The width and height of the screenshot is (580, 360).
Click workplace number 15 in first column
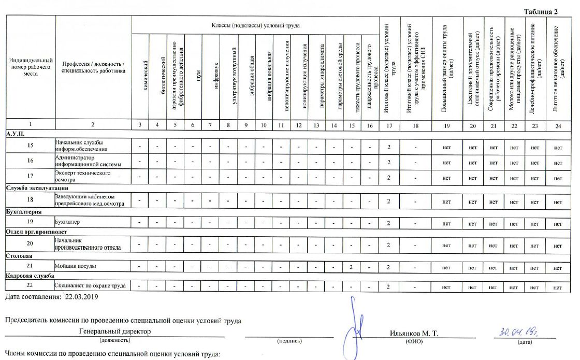(30, 147)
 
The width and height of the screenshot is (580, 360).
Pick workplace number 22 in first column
(30, 286)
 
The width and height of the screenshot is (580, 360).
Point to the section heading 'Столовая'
(20, 256)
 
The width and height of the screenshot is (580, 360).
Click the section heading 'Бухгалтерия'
(24, 212)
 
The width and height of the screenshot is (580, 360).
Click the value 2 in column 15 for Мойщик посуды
(351, 267)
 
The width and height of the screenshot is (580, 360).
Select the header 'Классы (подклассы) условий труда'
(255, 25)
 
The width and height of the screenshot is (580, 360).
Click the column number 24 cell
(557, 125)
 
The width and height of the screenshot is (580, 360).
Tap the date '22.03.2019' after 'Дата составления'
(80, 297)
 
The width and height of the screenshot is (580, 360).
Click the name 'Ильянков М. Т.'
(414, 333)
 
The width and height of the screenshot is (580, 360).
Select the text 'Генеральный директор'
(115, 330)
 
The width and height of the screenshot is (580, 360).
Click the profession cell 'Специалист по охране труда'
(92, 286)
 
